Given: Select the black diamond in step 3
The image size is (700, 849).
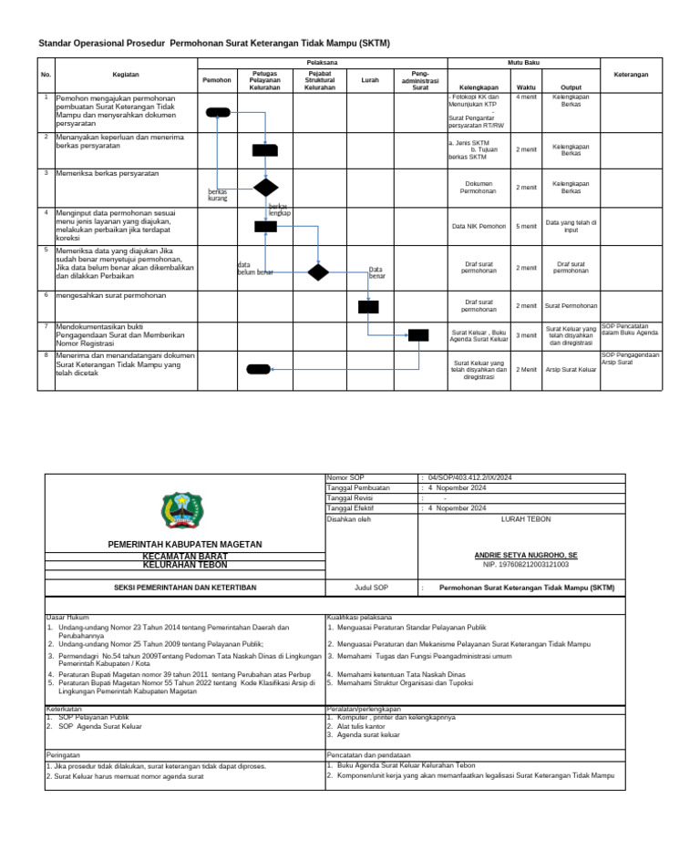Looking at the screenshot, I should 265,188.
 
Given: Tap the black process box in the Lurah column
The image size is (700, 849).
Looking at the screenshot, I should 368,306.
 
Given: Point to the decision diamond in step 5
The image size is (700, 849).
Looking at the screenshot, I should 317,271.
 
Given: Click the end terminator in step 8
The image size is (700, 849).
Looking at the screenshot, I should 258,369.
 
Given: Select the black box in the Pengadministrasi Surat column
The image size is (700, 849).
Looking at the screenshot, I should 417,335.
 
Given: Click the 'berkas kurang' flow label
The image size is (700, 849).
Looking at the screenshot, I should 218,195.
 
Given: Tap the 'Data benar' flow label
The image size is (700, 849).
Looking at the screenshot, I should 376,272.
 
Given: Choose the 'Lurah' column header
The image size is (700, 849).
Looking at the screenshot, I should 369,80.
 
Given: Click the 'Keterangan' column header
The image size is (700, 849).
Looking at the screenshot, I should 631,74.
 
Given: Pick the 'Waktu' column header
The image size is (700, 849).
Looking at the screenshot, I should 526,87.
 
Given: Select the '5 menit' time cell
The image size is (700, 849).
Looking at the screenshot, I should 526,226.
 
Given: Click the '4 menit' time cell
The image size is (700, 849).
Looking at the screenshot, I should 526,96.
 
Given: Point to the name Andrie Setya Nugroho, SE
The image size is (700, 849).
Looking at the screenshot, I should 526,555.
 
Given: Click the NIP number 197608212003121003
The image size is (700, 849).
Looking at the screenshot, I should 526,565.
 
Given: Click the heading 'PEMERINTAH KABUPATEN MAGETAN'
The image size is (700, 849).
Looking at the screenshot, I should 185,544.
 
